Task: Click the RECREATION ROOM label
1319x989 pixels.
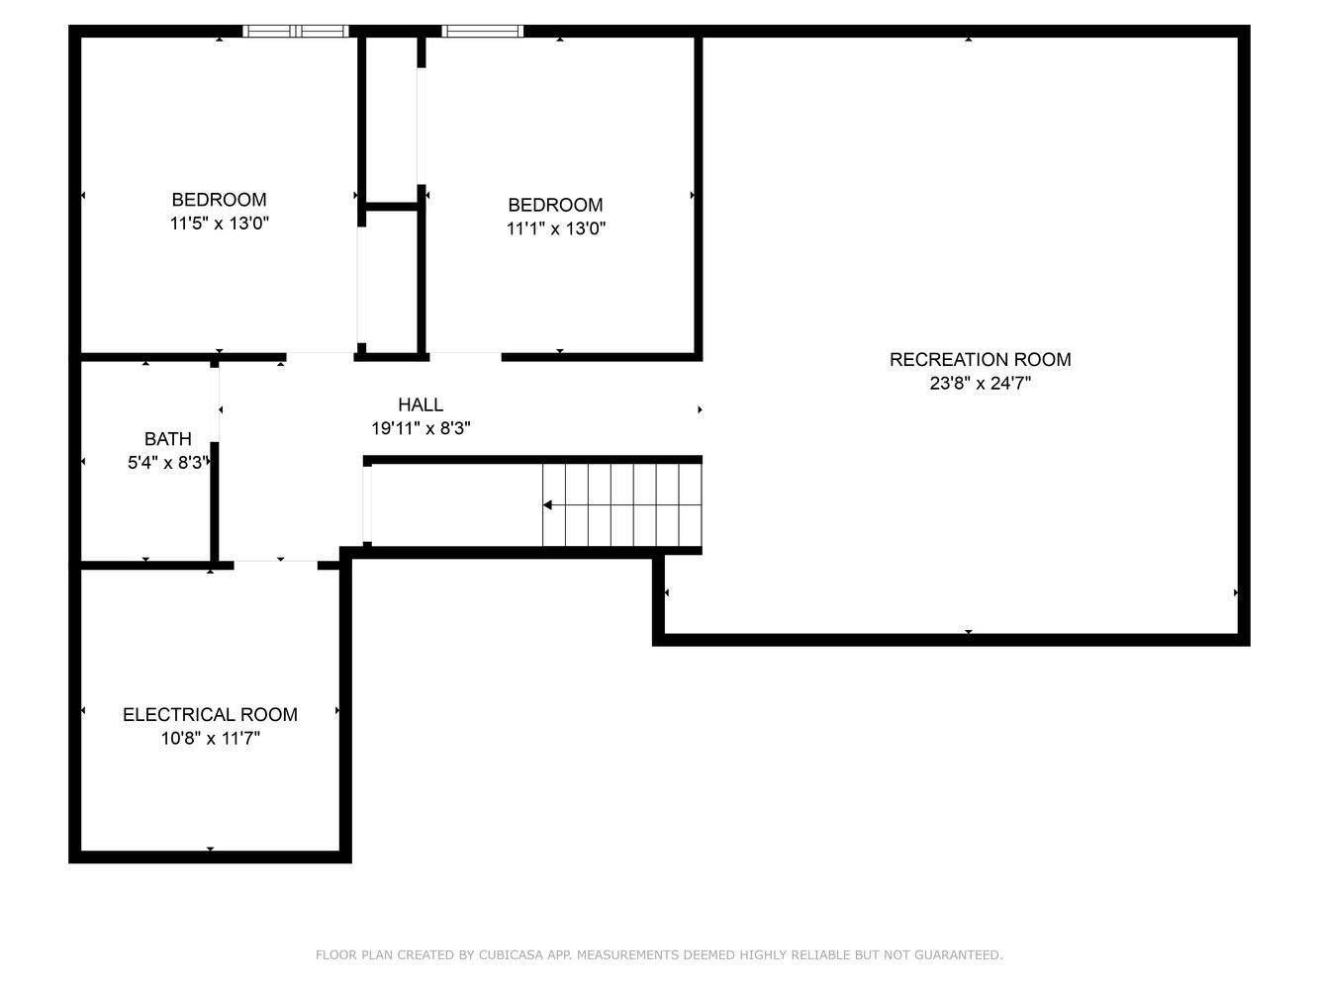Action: (980, 359)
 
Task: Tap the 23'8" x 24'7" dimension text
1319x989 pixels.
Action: (980, 383)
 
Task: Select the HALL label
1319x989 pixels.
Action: (421, 405)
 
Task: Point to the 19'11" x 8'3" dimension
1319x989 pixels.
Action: (421, 428)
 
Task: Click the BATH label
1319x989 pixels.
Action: (168, 439)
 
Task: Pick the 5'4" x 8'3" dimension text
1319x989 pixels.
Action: (168, 463)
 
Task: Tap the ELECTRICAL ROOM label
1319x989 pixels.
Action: (211, 715)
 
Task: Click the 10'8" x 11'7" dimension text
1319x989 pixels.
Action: (211, 738)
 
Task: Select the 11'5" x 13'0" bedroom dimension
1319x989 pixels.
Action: (220, 224)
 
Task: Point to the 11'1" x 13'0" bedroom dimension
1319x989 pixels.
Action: (556, 228)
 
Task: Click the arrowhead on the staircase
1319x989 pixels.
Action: (547, 505)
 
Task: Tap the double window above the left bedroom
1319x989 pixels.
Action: (296, 32)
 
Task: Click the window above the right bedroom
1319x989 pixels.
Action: (483, 32)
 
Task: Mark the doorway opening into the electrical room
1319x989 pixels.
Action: (276, 565)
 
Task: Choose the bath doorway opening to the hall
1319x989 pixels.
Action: (215, 405)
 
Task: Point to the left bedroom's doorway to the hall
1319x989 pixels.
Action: (320, 357)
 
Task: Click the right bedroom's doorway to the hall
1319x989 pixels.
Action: (466, 357)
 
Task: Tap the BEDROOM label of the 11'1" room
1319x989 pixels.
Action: (556, 205)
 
